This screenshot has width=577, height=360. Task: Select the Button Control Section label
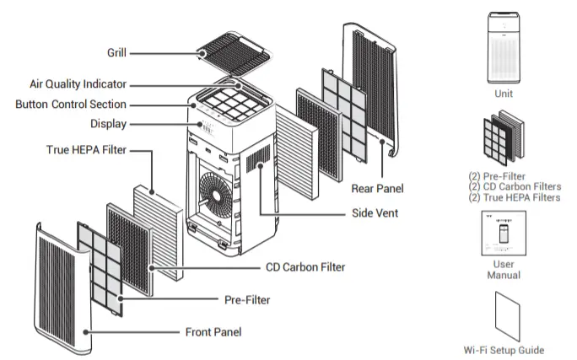coord(71,105)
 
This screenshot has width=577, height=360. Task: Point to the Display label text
coord(108,124)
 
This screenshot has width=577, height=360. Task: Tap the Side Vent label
coord(375,213)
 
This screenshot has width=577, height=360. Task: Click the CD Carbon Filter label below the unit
coord(305,267)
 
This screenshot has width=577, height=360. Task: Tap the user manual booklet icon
coord(503,234)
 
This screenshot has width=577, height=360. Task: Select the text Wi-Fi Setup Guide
coord(504,350)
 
